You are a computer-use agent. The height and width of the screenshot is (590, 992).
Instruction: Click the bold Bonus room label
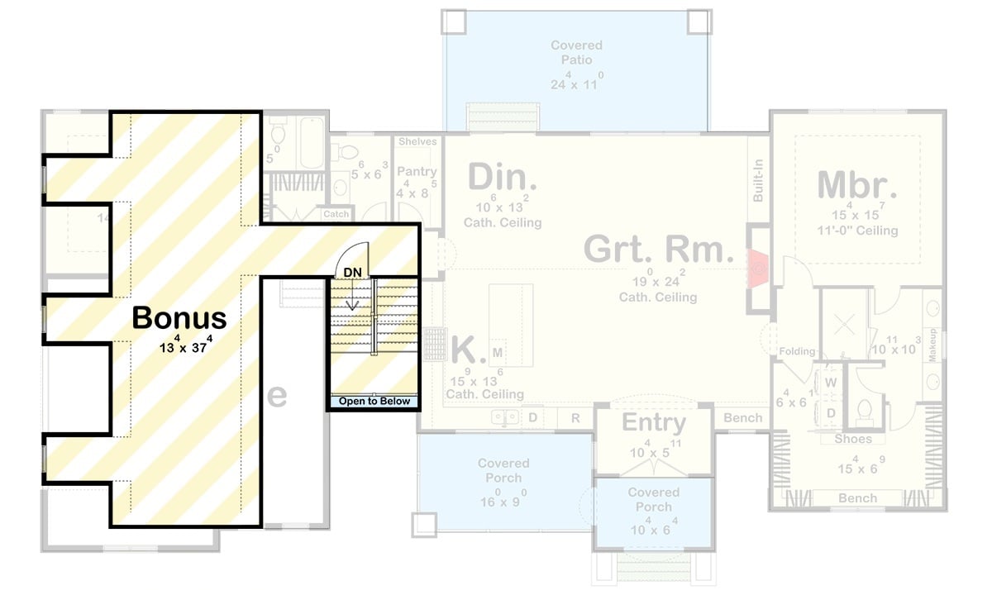[x=179, y=317]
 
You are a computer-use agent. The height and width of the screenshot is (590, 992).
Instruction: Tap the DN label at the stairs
[x=353, y=272]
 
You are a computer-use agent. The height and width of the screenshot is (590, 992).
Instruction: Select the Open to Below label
[x=374, y=402]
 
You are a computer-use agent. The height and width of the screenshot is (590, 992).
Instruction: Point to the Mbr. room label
[x=856, y=185]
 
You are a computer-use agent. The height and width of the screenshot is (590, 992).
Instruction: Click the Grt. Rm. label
[x=658, y=249]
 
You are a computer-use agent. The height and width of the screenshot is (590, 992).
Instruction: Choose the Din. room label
[x=502, y=178]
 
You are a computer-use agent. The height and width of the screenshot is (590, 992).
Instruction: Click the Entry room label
[x=654, y=423]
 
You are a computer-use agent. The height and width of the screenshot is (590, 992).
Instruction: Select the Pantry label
[x=417, y=172]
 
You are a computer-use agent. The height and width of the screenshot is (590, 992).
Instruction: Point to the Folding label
[x=797, y=352]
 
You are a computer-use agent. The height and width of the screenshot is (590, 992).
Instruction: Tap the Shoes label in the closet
[x=852, y=439]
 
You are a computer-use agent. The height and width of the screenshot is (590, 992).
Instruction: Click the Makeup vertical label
[x=932, y=345]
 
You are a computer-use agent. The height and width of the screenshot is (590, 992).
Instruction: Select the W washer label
[x=831, y=383]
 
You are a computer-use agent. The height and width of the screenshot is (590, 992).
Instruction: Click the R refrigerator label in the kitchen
[x=575, y=418]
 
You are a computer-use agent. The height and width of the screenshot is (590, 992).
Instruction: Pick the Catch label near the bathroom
[x=336, y=214]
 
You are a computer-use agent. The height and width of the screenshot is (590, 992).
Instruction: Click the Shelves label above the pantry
[x=417, y=142]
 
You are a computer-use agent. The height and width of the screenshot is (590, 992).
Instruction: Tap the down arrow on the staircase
[x=353, y=297]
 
